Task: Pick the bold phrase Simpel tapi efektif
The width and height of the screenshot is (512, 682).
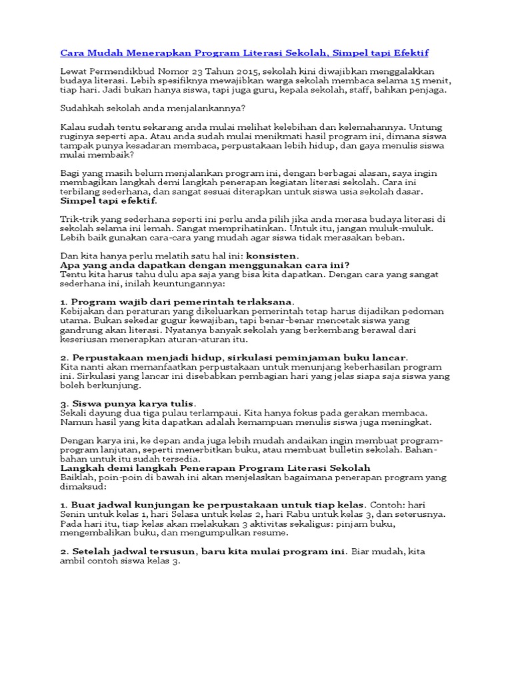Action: coord(109,200)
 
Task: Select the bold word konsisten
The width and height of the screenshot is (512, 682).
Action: coord(272,255)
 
